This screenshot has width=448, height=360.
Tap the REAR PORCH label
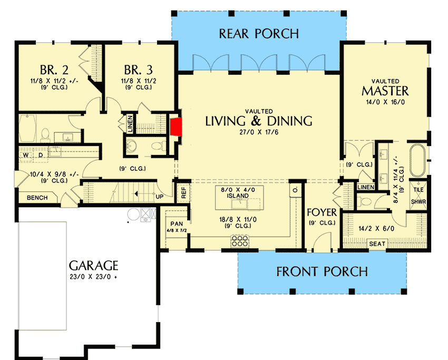coord(259,34)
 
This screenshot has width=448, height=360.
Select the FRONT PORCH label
coord(322,271)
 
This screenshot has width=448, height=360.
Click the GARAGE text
coord(93,265)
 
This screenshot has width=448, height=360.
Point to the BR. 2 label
coord(52,70)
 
